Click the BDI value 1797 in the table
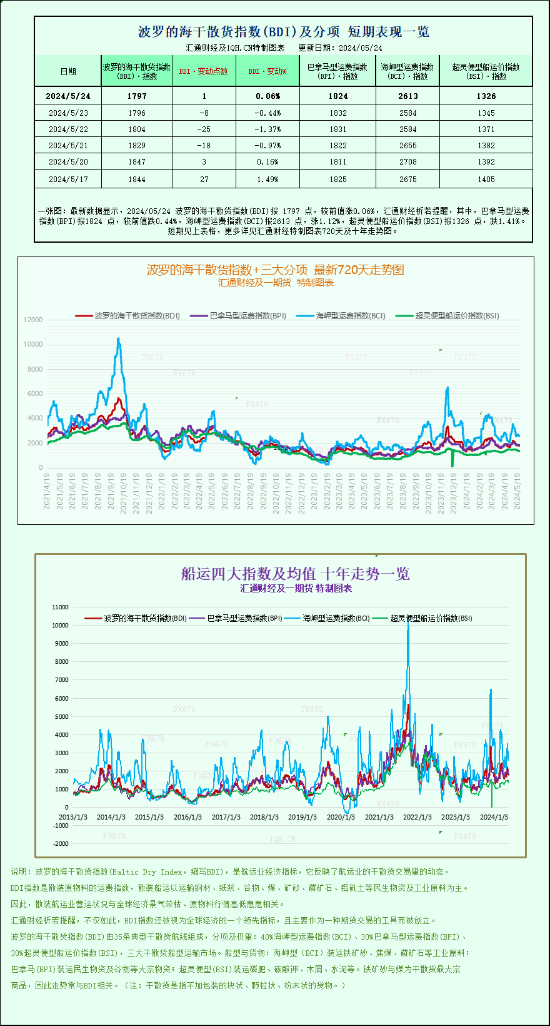point(136,96)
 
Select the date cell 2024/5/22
point(68,129)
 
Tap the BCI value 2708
point(407,161)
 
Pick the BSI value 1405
point(486,179)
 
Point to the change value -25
point(204,129)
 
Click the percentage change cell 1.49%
point(268,179)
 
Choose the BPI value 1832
point(337,113)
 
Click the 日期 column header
point(68,71)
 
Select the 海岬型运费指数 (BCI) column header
point(407,71)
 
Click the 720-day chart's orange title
point(275,270)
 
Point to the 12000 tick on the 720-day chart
point(33,320)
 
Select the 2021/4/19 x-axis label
point(47,490)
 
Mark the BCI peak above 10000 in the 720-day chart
point(118,339)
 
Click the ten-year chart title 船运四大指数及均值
point(295,573)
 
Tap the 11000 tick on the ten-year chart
point(60,607)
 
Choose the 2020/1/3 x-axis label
point(341,817)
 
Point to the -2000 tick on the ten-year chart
point(61,843)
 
